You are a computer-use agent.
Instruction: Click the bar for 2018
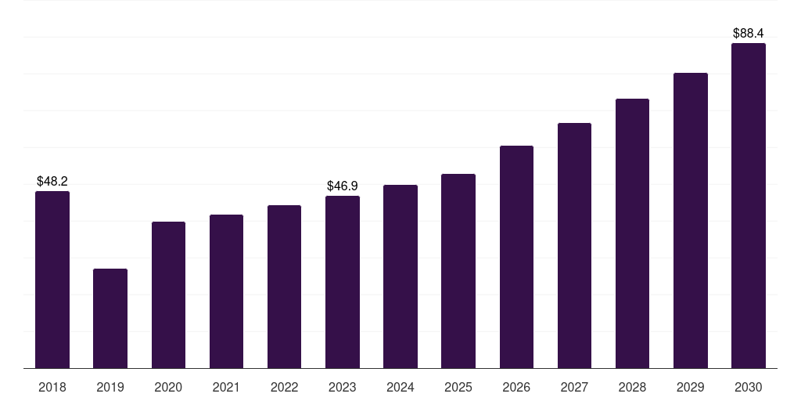click(52, 280)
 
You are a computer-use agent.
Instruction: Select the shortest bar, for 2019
click(110, 319)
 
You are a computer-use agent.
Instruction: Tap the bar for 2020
click(169, 295)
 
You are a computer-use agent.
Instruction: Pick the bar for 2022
click(284, 287)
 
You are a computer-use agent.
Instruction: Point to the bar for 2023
click(343, 282)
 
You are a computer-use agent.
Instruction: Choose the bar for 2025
click(458, 271)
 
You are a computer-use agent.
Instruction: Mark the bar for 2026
click(516, 257)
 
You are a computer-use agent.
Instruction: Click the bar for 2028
click(632, 233)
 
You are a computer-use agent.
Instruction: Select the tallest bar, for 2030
click(749, 206)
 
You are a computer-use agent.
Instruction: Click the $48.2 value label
click(52, 181)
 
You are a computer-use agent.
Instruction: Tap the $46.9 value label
click(343, 186)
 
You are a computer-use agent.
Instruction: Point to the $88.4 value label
click(749, 33)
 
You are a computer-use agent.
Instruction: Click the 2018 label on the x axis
click(52, 387)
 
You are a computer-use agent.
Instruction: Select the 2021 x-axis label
click(226, 387)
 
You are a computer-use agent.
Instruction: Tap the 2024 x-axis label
click(400, 387)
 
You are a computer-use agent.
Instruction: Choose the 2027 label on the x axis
click(574, 387)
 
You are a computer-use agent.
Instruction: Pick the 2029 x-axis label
click(691, 387)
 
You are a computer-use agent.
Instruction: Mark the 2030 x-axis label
click(749, 387)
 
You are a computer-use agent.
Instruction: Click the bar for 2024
click(400, 276)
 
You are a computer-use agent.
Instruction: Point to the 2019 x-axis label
click(110, 387)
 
